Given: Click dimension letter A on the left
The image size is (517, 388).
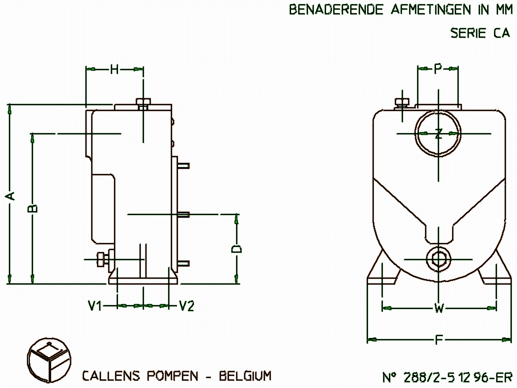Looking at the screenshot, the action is coord(11,196).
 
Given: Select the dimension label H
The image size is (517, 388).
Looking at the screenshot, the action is coord(114,69).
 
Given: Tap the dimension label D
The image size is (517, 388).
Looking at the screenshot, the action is coord(236,249).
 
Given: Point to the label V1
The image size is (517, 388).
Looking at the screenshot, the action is coord(94,306).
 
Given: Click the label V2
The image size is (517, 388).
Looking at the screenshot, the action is coord(187,306).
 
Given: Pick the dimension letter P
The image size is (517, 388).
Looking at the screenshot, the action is coord(438,68).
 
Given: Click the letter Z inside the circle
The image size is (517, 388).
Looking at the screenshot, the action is coord(438,134).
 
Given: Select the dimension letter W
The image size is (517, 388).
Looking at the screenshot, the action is coord(439,308).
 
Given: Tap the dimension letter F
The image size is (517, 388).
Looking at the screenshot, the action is coord(438,340).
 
